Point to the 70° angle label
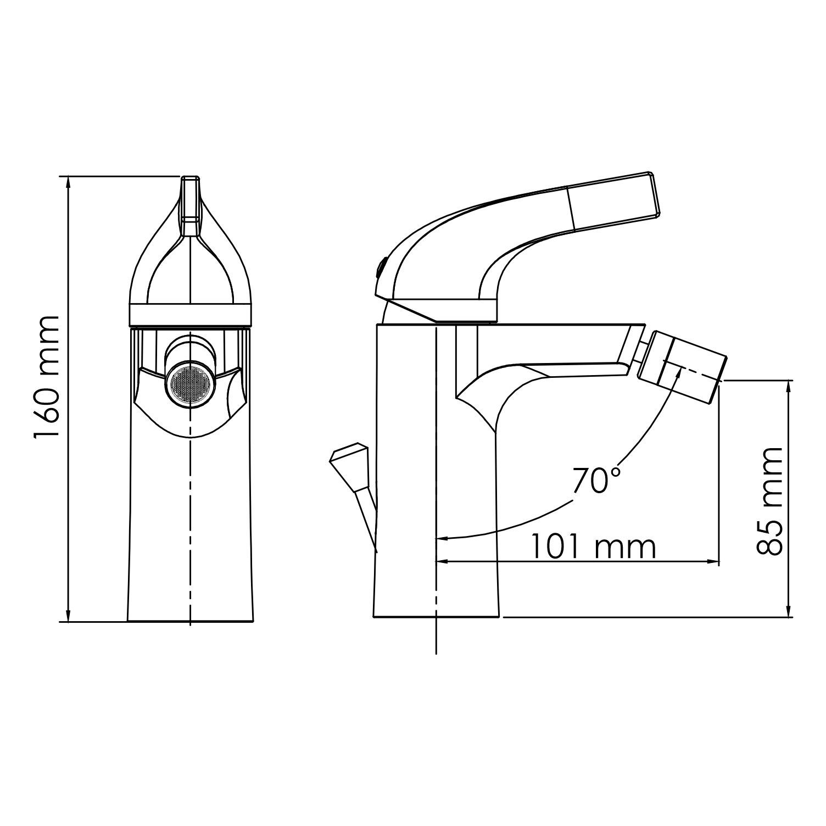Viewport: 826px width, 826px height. click(596, 481)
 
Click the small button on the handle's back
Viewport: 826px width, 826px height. click(379, 269)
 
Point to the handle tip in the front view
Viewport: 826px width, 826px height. click(190, 184)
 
